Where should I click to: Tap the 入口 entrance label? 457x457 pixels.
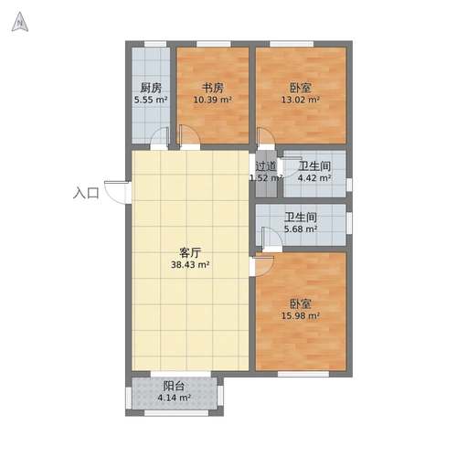coord(86,193)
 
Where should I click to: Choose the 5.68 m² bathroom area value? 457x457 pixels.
coord(301,229)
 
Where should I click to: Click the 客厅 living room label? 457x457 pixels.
coord(190,253)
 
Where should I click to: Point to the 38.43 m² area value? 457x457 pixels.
coord(190,265)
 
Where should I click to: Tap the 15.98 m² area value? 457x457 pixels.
coord(301,316)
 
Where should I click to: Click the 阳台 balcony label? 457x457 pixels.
coord(175,386)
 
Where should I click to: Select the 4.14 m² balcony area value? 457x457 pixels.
coord(175,398)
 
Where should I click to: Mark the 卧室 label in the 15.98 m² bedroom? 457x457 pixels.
coord(301,303)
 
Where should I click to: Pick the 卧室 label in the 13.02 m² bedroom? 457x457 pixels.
coord(301,88)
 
